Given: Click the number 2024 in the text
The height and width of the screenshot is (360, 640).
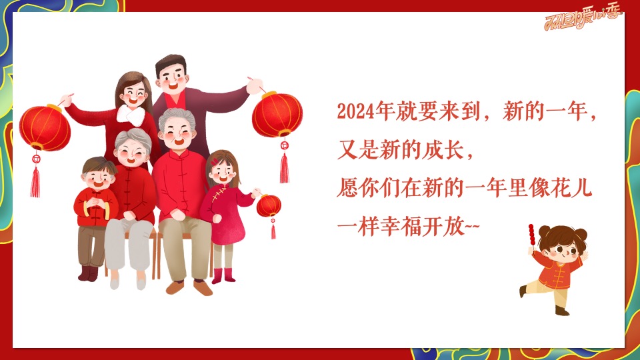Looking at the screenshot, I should tap(353, 111).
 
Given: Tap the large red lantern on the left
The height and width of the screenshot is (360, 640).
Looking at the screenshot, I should tap(45, 127).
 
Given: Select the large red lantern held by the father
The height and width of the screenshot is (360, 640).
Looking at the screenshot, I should tap(277, 115).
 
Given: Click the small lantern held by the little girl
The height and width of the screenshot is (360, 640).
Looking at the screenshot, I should tap(269, 205).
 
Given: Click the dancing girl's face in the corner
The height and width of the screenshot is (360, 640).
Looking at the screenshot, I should tap(557, 251).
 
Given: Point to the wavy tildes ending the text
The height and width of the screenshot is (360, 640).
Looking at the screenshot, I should tap(471, 227).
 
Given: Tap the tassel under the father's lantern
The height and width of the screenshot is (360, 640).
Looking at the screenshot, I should tap(285, 167).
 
